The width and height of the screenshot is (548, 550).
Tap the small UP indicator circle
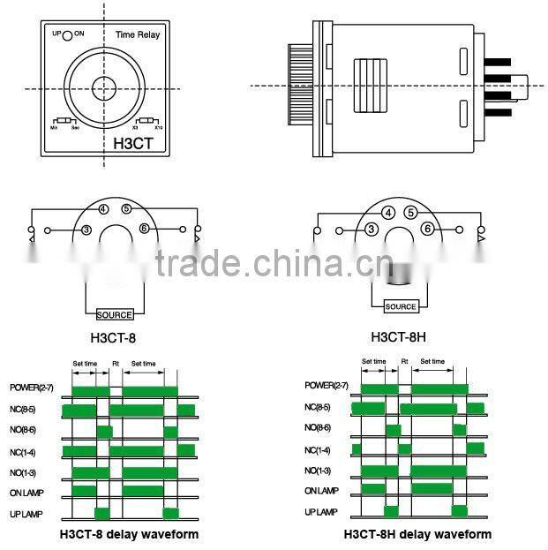click(x=66, y=35)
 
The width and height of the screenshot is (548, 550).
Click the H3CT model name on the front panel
click(x=134, y=139)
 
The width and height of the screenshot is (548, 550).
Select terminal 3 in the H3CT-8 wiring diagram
click(x=86, y=230)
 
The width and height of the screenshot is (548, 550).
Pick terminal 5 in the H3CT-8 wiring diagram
click(x=127, y=209)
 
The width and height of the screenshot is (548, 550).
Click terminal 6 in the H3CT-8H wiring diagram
click(x=427, y=229)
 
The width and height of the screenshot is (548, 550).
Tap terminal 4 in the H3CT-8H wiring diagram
click(x=388, y=213)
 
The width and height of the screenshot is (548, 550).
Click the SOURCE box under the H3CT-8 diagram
click(x=114, y=314)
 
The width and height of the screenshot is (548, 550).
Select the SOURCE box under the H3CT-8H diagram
click(x=401, y=306)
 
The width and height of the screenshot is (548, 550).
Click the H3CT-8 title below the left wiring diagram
click(x=113, y=336)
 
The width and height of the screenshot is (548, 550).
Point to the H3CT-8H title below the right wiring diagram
click(x=400, y=336)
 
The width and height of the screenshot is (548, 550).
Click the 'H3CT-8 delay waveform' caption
click(x=129, y=533)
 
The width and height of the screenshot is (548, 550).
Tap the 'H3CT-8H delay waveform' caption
click(x=417, y=534)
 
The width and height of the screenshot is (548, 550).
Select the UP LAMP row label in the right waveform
click(x=322, y=512)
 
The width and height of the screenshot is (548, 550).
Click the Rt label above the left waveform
click(x=116, y=363)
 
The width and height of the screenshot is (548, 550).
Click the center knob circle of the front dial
click(x=100, y=87)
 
